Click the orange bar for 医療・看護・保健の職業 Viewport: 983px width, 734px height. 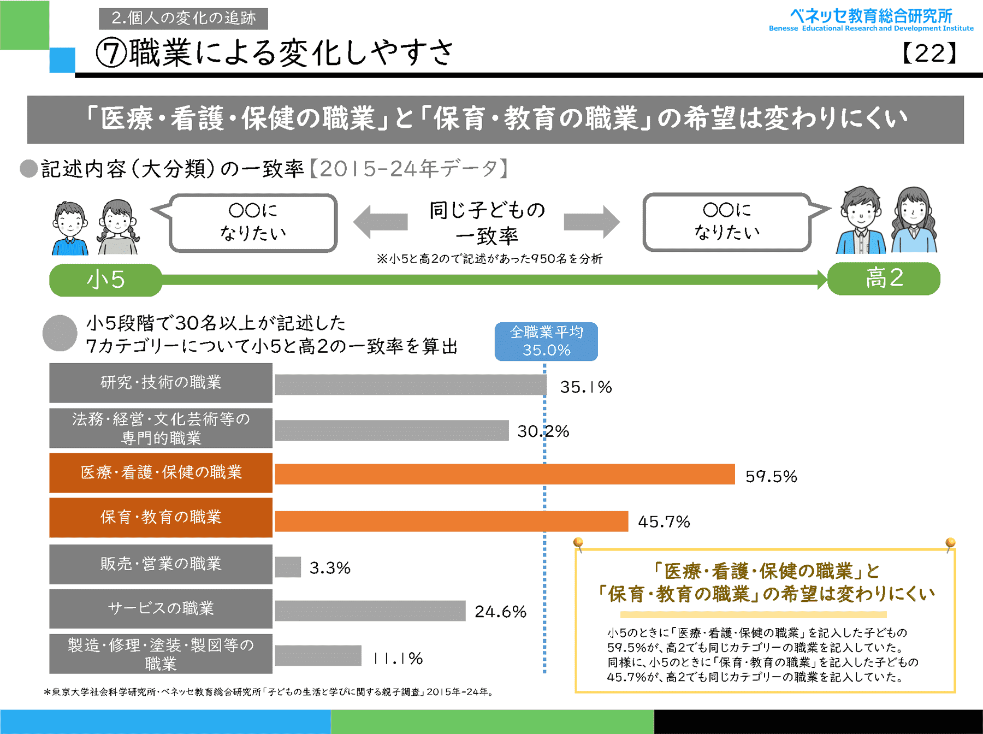(505, 474)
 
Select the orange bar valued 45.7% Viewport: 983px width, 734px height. (451, 521)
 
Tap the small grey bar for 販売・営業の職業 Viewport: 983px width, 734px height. (288, 567)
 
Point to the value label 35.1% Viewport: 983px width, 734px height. (585, 387)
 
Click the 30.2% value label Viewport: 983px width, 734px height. (543, 431)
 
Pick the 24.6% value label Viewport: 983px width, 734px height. (500, 612)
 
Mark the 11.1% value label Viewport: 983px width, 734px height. (398, 658)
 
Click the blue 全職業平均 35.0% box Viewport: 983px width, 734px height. (546, 341)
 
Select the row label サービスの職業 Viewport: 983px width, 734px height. (161, 608)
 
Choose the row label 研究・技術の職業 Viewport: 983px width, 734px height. (161, 383)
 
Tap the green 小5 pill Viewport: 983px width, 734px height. (106, 280)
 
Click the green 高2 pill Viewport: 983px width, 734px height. (884, 279)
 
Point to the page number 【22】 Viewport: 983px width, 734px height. (929, 54)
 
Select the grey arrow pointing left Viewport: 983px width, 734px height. (380, 222)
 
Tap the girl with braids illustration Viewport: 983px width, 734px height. (118, 227)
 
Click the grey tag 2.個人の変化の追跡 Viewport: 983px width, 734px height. (183, 19)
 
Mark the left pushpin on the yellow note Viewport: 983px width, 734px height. (578, 543)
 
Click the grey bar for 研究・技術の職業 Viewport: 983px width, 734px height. (410, 384)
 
